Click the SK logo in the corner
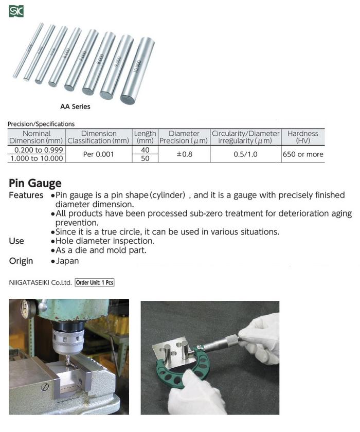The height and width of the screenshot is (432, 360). (x=16, y=11)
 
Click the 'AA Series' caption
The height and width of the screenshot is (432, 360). (x=75, y=107)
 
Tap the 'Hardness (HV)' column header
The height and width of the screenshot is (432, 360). (x=303, y=137)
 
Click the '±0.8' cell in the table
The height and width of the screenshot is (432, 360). (x=184, y=154)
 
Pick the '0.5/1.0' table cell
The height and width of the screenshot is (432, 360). (x=246, y=154)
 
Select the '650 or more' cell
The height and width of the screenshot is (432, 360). (x=303, y=154)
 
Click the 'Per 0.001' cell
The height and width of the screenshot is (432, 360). (x=99, y=154)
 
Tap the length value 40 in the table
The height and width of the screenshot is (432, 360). (x=145, y=150)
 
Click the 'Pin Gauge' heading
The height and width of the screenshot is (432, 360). (x=35, y=183)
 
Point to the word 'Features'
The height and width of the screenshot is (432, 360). (x=26, y=195)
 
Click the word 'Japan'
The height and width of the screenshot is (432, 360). (x=67, y=261)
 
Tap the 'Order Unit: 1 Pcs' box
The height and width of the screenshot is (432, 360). (x=95, y=283)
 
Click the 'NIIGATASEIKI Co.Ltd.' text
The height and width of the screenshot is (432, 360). (x=40, y=283)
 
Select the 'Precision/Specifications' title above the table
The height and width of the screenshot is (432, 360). (x=41, y=124)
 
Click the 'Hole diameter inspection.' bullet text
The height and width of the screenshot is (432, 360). (x=105, y=241)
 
